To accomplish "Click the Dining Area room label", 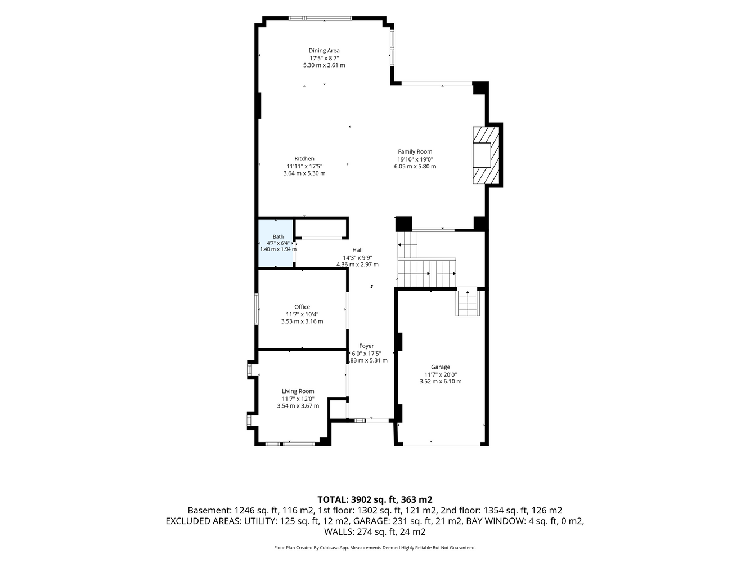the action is [x=324, y=51].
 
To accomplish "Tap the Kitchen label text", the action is [x=304, y=159].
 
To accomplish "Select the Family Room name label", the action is [x=415, y=151].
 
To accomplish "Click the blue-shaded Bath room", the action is [x=276, y=243].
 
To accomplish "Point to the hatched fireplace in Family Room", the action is [x=486, y=155].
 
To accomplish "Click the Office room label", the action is [x=302, y=307].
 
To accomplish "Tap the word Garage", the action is [x=441, y=367].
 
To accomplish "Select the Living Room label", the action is [x=298, y=391].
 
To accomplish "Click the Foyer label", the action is [x=366, y=346].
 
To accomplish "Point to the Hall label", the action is [x=357, y=250].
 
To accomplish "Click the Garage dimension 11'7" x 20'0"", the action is [x=441, y=374].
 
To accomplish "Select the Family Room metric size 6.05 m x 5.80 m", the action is [x=415, y=167].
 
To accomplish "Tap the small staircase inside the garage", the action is [x=468, y=302].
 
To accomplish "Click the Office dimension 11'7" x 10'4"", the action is [x=302, y=314].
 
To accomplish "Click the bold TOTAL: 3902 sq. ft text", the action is [x=357, y=499].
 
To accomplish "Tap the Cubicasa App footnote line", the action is [x=375, y=548].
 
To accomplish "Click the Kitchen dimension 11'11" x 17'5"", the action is [x=304, y=166].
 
